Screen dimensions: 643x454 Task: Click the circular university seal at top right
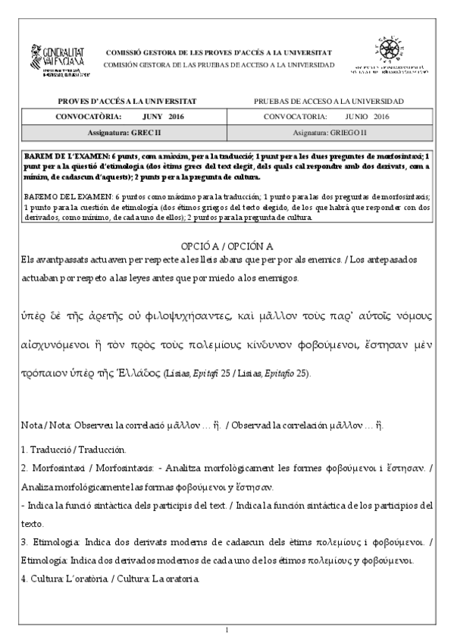pos(392,52)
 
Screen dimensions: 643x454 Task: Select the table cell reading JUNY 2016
pos(162,117)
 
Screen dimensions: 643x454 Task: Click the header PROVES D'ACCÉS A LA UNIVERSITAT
pos(127,101)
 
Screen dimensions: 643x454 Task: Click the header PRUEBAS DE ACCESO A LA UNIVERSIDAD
pos(328,101)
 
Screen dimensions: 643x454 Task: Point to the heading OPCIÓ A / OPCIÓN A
pos(227,247)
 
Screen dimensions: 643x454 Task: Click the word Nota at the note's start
pos(31,427)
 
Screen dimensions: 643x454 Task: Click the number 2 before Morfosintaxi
pos(24,467)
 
